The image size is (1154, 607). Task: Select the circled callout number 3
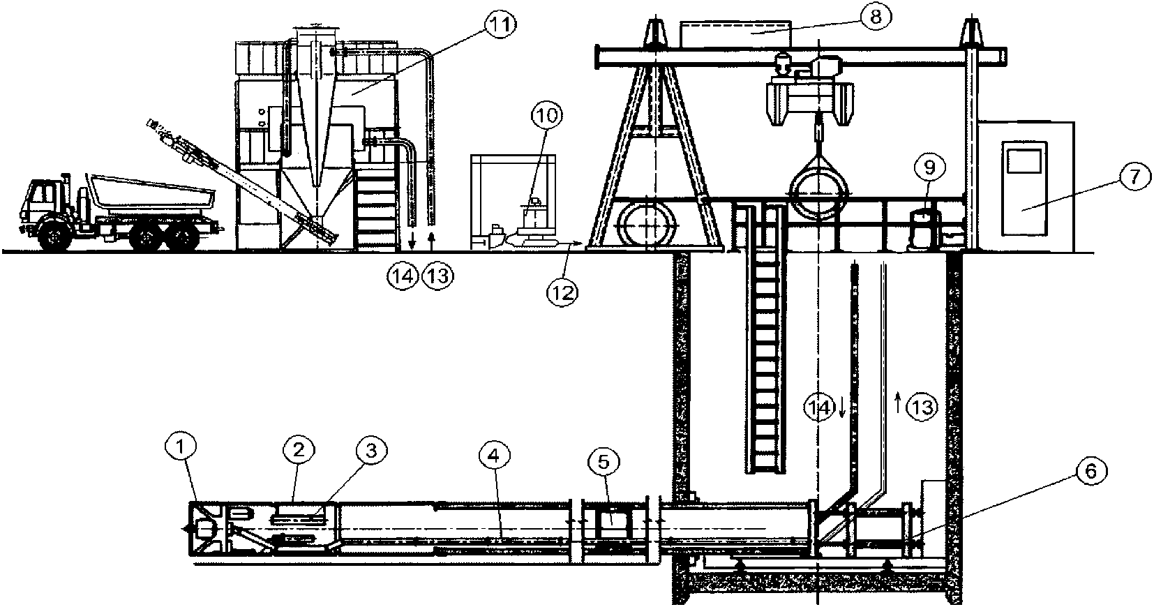[371, 451]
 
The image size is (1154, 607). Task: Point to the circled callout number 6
[1091, 472]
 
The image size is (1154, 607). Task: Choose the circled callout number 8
[876, 17]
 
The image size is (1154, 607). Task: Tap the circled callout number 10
[547, 116]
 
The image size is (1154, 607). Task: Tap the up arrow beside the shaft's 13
[899, 402]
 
